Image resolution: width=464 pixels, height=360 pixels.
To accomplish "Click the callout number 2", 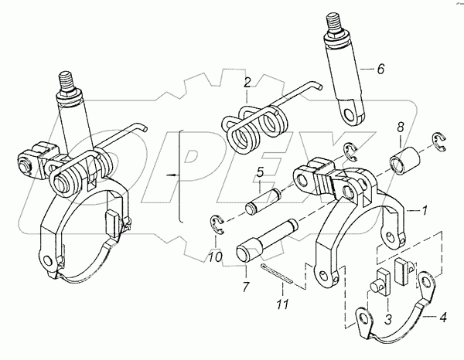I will [247, 82].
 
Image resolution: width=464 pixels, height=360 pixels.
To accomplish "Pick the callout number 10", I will [217, 255].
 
